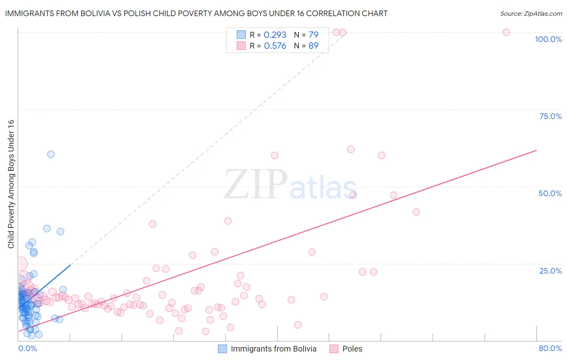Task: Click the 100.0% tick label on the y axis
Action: coord(548,39)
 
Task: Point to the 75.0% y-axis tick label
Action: coord(550,116)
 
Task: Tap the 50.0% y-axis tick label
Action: coord(550,193)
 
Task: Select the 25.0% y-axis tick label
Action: coord(550,270)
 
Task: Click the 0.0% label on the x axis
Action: coord(27,348)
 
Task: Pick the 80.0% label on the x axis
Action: coord(550,348)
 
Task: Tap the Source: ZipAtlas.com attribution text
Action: coord(531,13)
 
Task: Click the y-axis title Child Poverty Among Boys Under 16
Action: coord(11,184)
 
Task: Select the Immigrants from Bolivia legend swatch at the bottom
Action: coord(222,349)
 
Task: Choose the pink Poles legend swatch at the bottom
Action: coord(334,349)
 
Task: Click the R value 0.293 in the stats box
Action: coord(275,35)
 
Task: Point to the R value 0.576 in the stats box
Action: coord(275,46)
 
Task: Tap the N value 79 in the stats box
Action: coord(313,35)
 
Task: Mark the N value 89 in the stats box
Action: coord(313,46)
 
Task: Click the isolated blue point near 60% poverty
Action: coord(51,154)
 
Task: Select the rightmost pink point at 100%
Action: coord(506,32)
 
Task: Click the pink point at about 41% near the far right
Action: coord(416,212)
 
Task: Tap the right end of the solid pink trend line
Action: coord(536,150)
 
